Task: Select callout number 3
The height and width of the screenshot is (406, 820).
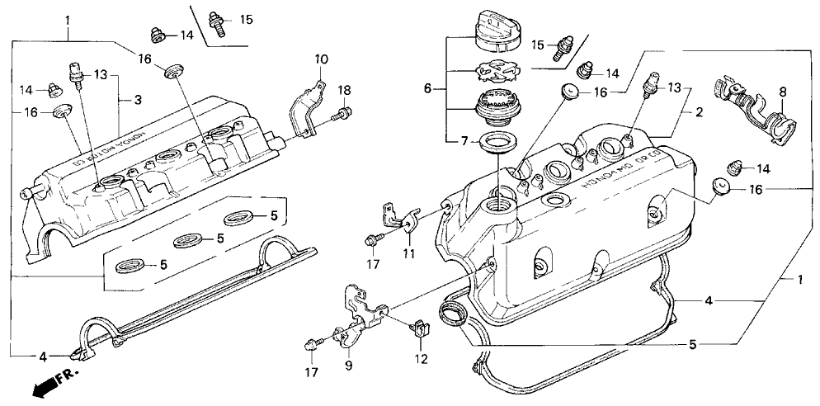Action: coord(138,100)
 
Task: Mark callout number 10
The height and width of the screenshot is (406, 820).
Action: coord(321,59)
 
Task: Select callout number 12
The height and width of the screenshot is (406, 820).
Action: coord(422,359)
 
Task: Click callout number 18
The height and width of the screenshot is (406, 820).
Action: coord(345,90)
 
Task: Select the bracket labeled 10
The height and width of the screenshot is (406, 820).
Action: coord(305,106)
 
